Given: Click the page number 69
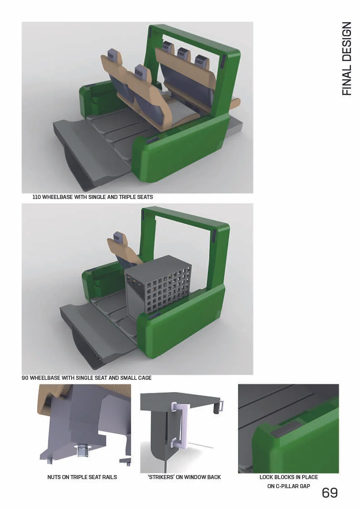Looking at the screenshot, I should click(330, 493).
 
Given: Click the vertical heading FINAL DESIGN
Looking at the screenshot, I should click(347, 58).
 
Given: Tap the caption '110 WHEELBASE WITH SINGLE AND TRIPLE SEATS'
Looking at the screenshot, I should click(92, 197).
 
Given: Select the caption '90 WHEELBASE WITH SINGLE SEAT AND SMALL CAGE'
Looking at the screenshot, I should click(87, 378).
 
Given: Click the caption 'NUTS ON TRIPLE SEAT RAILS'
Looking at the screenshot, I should click(82, 477).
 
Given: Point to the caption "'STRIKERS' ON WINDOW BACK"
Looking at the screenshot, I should click(184, 477).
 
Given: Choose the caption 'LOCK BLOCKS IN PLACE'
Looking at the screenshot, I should click(288, 477).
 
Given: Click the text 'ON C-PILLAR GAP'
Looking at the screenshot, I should click(288, 486).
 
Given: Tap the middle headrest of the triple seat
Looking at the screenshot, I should click(183, 55).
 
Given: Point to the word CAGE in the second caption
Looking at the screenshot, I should click(143, 378).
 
